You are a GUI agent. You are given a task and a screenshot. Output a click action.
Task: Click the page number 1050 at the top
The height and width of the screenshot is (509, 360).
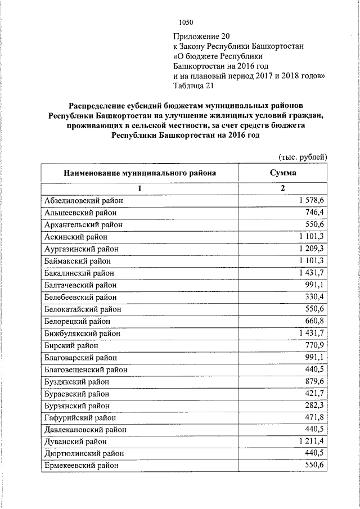(186, 22)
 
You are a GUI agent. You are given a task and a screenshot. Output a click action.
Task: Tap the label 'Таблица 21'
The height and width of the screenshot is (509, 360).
(194, 86)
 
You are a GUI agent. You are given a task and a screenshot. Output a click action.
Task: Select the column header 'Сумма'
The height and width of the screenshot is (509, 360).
(283, 173)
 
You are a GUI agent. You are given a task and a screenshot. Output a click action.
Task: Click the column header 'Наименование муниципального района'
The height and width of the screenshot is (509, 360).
(139, 173)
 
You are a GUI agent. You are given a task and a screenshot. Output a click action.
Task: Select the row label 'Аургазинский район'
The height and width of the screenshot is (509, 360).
(81, 249)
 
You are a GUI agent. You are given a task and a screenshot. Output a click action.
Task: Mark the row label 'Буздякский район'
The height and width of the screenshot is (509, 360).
(76, 381)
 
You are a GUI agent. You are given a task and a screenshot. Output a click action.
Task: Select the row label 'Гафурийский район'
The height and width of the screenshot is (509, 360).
(79, 418)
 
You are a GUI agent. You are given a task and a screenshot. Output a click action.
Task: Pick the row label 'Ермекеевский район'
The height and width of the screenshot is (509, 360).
(81, 466)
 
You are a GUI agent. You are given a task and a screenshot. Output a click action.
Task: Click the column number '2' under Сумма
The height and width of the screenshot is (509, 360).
(283, 188)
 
